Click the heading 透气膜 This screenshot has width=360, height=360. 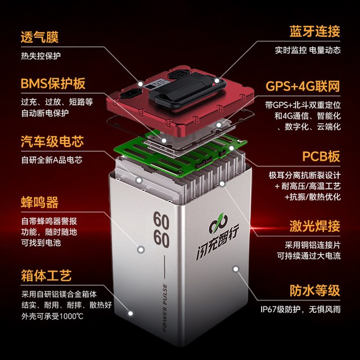tap(39, 37)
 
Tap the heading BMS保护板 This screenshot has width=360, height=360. tap(53, 83)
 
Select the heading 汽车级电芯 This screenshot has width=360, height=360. tap(52, 141)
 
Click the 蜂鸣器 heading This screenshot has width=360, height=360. tap(39, 202)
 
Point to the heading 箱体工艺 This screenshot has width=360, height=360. tap(46, 275)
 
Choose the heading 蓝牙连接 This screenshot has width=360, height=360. tap(314, 31)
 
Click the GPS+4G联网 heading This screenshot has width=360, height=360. tap(303, 86)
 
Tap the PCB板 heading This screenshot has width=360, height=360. tap(321, 156)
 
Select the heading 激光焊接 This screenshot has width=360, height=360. tap(314, 226)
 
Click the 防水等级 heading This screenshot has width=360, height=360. tap(314, 290)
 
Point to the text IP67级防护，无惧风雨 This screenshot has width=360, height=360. tap(300, 309)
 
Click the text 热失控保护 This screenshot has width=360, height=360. tap(41, 56)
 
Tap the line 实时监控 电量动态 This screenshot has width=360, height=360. tap(308, 50)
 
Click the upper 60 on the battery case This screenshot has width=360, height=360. tap(161, 220)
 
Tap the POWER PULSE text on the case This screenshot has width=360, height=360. tap(165, 308)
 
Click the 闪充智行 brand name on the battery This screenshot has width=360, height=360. tap(218, 242)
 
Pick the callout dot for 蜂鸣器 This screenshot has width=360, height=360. tap(141, 250)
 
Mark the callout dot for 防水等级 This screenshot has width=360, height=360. tap(236, 269)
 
